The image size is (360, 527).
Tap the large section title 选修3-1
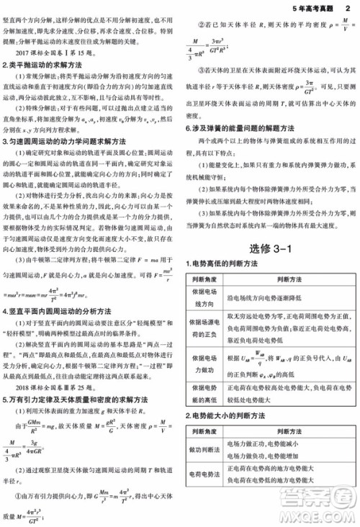[x=269, y=248]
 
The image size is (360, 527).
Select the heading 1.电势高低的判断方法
[x=228, y=265]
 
